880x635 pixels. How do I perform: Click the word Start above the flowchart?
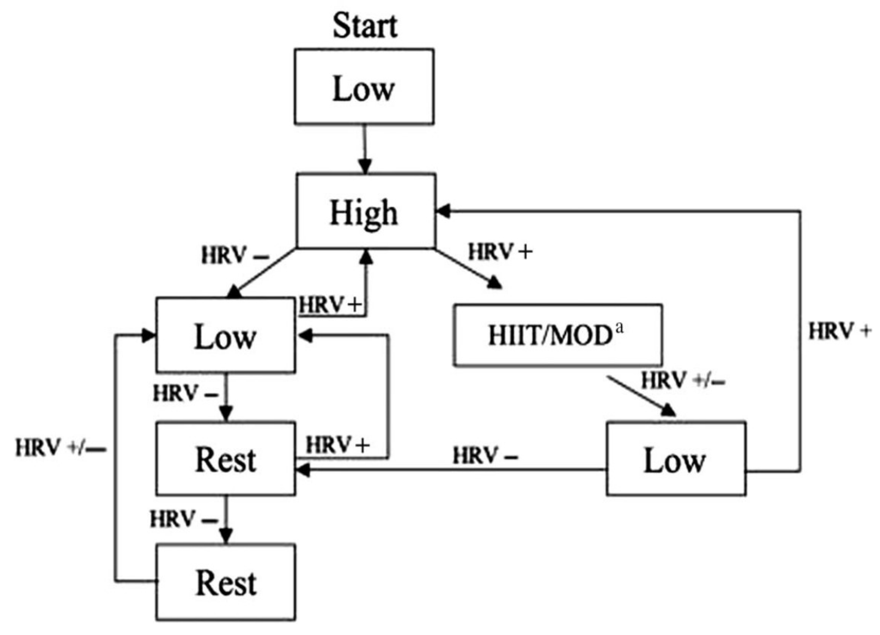tap(365, 27)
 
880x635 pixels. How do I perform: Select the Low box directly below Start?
tap(364, 86)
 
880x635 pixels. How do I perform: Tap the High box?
tap(365, 211)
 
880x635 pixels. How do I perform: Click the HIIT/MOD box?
tap(557, 336)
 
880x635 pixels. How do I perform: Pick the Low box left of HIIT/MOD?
tap(225, 336)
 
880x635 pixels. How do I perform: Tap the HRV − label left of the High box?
tap(235, 256)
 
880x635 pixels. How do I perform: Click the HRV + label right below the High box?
tap(500, 252)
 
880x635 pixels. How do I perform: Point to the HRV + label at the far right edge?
tap(839, 332)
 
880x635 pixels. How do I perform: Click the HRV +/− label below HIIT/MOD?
tap(683, 380)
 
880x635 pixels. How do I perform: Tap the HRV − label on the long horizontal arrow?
tap(485, 456)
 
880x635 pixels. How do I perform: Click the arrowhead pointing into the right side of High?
tap(442, 211)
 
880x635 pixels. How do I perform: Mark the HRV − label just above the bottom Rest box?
tap(184, 520)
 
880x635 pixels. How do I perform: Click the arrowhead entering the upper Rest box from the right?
tap(303, 470)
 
